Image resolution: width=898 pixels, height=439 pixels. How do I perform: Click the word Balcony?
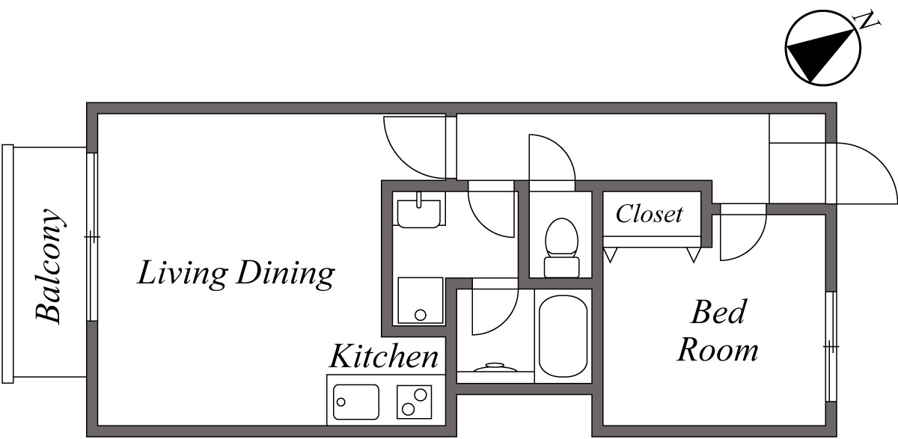(x=50, y=265)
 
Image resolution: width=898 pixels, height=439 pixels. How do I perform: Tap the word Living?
(x=182, y=274)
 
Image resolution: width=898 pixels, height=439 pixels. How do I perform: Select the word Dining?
(x=284, y=275)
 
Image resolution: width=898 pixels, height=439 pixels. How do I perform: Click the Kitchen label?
(x=384, y=357)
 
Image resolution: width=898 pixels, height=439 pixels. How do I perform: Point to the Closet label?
(x=649, y=215)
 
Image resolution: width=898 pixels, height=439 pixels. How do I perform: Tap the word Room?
(x=718, y=349)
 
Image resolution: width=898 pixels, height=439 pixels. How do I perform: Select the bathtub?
(x=563, y=336)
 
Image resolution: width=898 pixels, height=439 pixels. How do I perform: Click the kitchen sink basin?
(x=356, y=402)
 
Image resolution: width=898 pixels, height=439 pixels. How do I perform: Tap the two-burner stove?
(x=414, y=402)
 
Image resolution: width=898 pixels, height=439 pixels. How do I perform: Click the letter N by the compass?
(x=868, y=21)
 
